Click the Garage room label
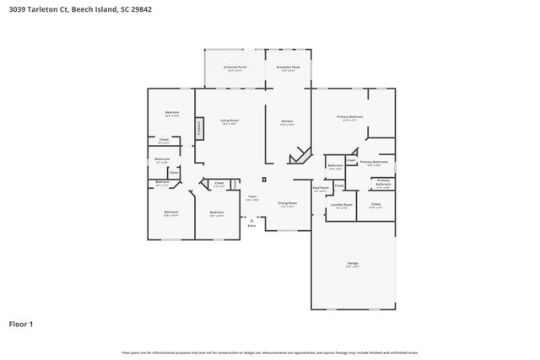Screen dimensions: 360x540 pyautogui.click(x=353, y=265)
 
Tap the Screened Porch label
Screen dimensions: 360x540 pyautogui.click(x=235, y=67)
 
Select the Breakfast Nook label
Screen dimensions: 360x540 pyautogui.click(x=289, y=67)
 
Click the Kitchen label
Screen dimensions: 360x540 pyautogui.click(x=287, y=122)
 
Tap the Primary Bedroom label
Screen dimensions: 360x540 pyautogui.click(x=350, y=118)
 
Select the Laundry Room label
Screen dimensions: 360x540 pyautogui.click(x=341, y=205)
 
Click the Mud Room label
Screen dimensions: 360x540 pyautogui.click(x=321, y=190)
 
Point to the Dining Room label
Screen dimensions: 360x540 pyautogui.click(x=288, y=203)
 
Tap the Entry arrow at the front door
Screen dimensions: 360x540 pyautogui.click(x=251, y=219)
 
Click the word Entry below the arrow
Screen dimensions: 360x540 pyautogui.click(x=251, y=226)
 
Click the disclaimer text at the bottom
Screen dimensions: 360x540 pyautogui.click(x=269, y=352)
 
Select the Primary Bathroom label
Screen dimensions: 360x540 pyautogui.click(x=373, y=163)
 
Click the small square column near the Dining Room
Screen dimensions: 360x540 pyautogui.click(x=264, y=180)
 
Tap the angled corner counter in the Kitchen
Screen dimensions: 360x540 pyautogui.click(x=298, y=156)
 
